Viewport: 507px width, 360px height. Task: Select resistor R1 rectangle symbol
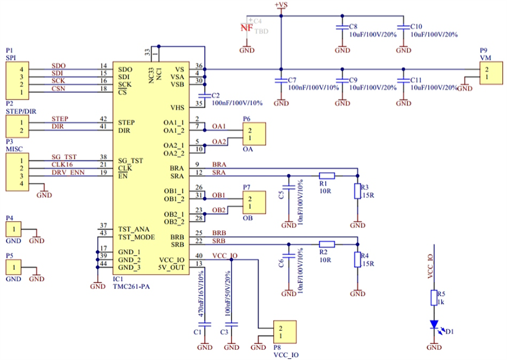click(x=326, y=176)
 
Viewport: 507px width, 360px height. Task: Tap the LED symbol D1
click(x=434, y=325)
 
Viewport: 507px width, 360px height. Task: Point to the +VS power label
click(x=280, y=5)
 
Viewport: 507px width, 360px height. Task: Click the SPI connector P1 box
click(x=16, y=80)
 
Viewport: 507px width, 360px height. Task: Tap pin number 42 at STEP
click(x=103, y=119)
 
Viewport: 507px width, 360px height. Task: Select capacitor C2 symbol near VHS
click(x=205, y=95)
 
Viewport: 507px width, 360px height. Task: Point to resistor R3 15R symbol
click(x=357, y=191)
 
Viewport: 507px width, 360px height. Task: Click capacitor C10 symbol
click(x=404, y=28)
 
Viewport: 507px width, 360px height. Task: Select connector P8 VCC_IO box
click(x=285, y=332)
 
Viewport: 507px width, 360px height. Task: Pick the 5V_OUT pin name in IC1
click(x=172, y=268)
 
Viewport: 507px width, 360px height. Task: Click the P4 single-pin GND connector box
click(x=14, y=228)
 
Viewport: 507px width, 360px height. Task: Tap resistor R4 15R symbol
click(x=357, y=259)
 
